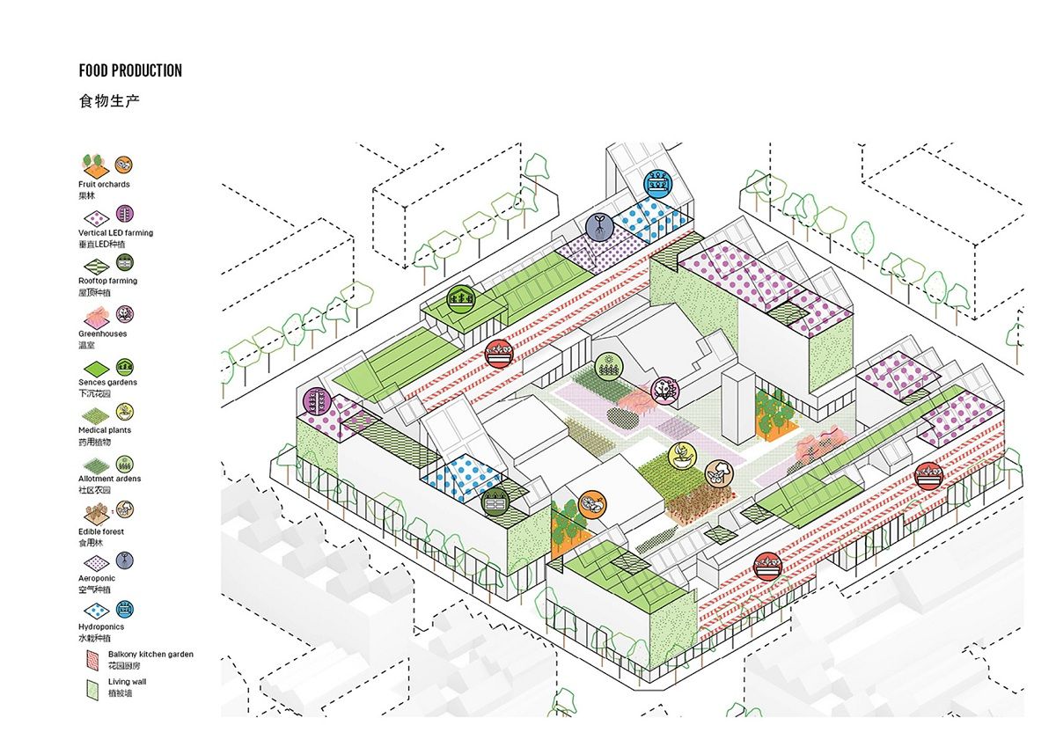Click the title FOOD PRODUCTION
[130, 70]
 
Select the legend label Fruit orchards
[104, 185]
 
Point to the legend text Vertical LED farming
[115, 233]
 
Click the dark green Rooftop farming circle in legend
[125, 262]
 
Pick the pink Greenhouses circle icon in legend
[125, 313]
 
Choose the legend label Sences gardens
[107, 383]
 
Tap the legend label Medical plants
[105, 430]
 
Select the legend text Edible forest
[101, 531]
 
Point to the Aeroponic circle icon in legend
[125, 560]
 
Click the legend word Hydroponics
[100, 626]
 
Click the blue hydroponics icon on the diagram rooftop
[656, 183]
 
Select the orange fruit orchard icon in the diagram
[593, 503]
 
